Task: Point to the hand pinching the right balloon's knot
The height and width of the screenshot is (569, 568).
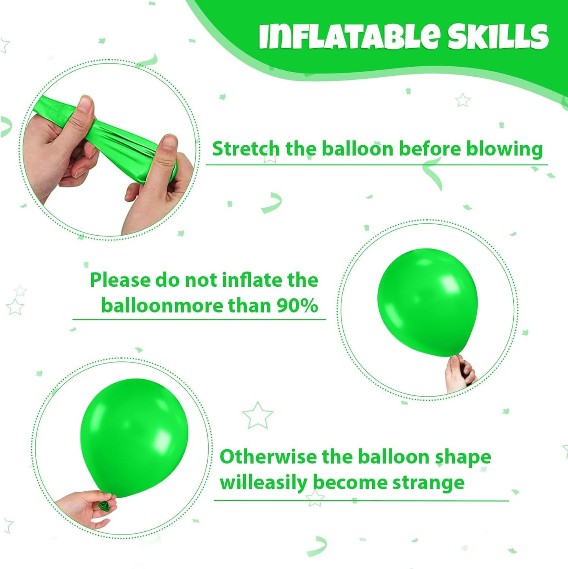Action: (x=460, y=374)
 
